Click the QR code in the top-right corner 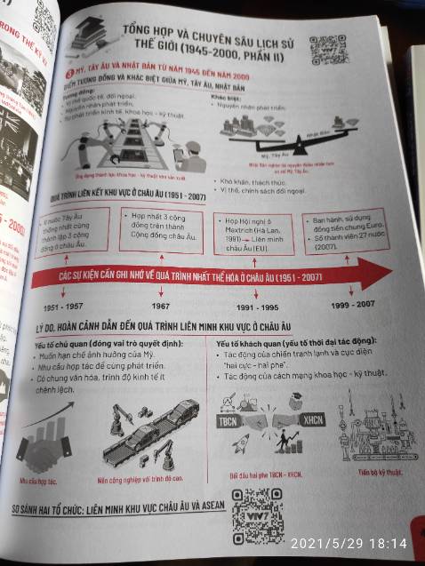click(x=329, y=48)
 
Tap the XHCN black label click(x=311, y=418)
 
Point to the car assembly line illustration click(x=148, y=436)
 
